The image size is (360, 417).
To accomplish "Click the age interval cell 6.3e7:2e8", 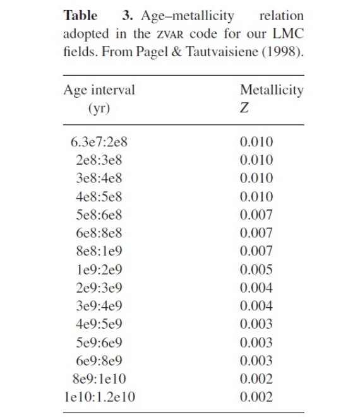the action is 99,142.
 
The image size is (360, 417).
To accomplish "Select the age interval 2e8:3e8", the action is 99,160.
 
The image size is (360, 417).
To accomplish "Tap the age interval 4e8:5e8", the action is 99,197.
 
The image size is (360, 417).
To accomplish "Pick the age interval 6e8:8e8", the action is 99,233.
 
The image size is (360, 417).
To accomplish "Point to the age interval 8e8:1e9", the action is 99,251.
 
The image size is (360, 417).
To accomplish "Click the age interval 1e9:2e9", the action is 99,269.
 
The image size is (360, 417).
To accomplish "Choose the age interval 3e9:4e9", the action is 99,306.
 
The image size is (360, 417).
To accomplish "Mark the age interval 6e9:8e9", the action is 99,361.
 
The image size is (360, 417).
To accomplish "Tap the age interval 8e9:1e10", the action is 99,379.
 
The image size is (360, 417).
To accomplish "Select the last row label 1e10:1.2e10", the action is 100,397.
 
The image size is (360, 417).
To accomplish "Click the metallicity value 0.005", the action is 256,269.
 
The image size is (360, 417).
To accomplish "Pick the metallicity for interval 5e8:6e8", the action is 256,215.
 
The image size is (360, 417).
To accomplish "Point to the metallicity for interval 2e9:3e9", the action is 256,288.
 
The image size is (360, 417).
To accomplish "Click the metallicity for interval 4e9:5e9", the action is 256,324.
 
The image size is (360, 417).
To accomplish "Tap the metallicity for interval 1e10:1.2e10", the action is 256,397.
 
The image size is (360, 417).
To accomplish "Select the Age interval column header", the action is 99,90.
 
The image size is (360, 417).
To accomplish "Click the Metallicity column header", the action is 272,90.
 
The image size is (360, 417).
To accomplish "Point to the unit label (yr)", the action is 99,109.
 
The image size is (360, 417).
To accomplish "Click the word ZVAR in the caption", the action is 170,35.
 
